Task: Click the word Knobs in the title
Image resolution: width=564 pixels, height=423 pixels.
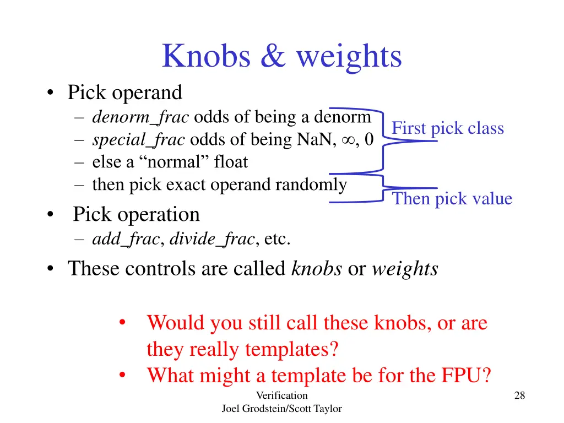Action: (x=207, y=56)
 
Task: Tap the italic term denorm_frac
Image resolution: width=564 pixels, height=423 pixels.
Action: (x=140, y=117)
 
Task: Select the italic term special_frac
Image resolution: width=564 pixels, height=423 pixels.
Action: (x=138, y=140)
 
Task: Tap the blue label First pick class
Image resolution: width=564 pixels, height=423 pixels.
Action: (x=447, y=128)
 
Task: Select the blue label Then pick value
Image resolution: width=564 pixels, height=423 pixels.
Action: (x=452, y=199)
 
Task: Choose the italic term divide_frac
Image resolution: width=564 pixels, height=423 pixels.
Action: (x=211, y=239)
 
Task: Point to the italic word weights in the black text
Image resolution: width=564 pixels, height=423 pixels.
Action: (x=405, y=269)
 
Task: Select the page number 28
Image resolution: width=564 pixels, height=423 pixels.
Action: (x=519, y=395)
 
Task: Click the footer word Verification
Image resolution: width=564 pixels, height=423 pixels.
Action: (x=281, y=395)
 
